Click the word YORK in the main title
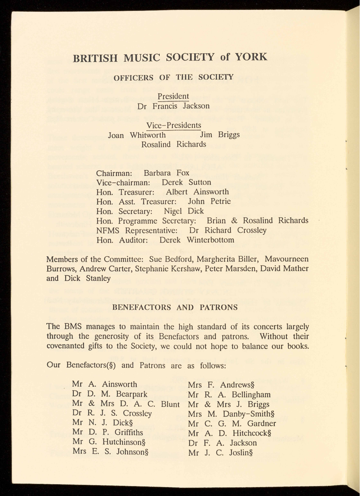250,57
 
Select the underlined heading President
173,96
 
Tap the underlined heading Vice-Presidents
173,125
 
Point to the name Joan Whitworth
137,135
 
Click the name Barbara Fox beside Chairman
166,173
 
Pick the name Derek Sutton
186,182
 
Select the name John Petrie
209,201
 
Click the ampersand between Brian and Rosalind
234,221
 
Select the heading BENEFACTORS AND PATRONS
175,307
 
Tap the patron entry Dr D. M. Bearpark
110,394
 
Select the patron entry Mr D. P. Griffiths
108,432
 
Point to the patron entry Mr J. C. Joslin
221,453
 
